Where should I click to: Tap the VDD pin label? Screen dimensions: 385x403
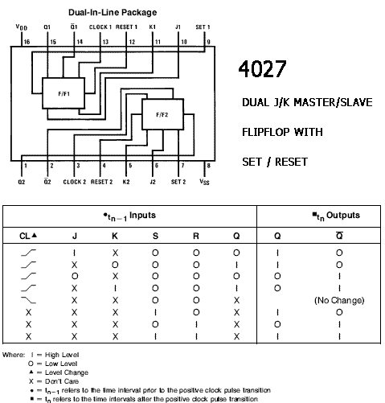[22, 27]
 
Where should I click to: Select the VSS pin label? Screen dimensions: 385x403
[204, 182]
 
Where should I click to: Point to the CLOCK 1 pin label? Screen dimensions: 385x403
[100, 27]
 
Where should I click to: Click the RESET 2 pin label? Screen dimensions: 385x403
[101, 182]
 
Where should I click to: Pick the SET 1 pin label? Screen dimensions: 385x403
[203, 27]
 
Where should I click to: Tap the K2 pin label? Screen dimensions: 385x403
[126, 182]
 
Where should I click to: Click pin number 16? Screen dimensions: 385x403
[27, 42]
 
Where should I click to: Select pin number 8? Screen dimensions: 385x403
[208, 166]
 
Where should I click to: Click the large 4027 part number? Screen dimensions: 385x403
[262, 68]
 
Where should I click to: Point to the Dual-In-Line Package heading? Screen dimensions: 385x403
[113, 12]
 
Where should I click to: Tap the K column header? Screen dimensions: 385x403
[115, 236]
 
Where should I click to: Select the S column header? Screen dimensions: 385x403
[155, 236]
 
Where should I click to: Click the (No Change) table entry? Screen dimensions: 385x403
[339, 300]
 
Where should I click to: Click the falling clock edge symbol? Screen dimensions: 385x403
[28, 300]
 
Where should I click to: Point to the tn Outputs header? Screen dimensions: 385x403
[336, 216]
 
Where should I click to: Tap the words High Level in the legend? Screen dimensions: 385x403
[62, 355]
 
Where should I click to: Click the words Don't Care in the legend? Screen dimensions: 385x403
[62, 381]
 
